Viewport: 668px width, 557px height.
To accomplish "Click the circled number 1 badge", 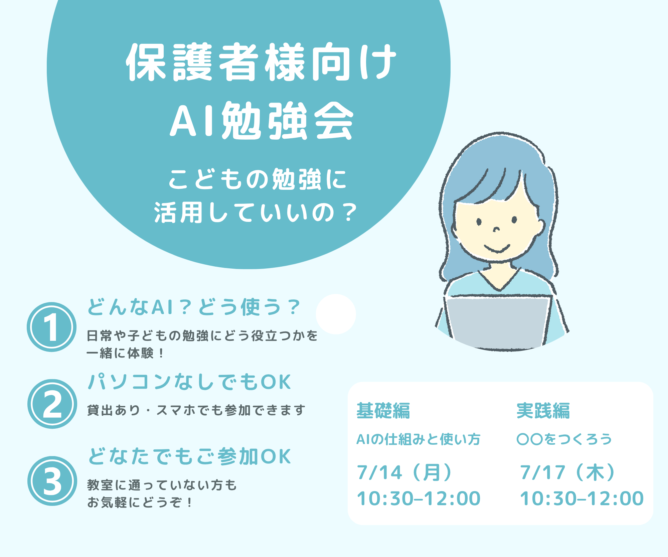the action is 51,327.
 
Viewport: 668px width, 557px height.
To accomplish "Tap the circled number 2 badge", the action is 52,404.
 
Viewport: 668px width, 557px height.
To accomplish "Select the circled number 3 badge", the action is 52,481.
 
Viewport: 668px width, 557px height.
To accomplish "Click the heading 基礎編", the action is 383,411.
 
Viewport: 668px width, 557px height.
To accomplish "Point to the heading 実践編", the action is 543,411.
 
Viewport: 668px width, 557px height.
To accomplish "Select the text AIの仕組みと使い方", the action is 418,439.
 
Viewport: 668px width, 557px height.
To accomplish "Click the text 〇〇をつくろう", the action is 564,439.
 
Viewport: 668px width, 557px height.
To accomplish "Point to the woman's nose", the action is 497,229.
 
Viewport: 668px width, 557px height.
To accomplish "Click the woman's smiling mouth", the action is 497,249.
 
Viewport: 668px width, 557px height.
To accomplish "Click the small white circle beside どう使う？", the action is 336,314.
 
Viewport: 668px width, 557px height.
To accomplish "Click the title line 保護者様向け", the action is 261,62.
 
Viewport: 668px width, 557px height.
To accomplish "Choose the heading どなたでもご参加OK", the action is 189,456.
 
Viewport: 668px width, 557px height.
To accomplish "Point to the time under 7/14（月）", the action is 419,499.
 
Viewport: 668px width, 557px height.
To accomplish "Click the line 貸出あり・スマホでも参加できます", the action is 196,410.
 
